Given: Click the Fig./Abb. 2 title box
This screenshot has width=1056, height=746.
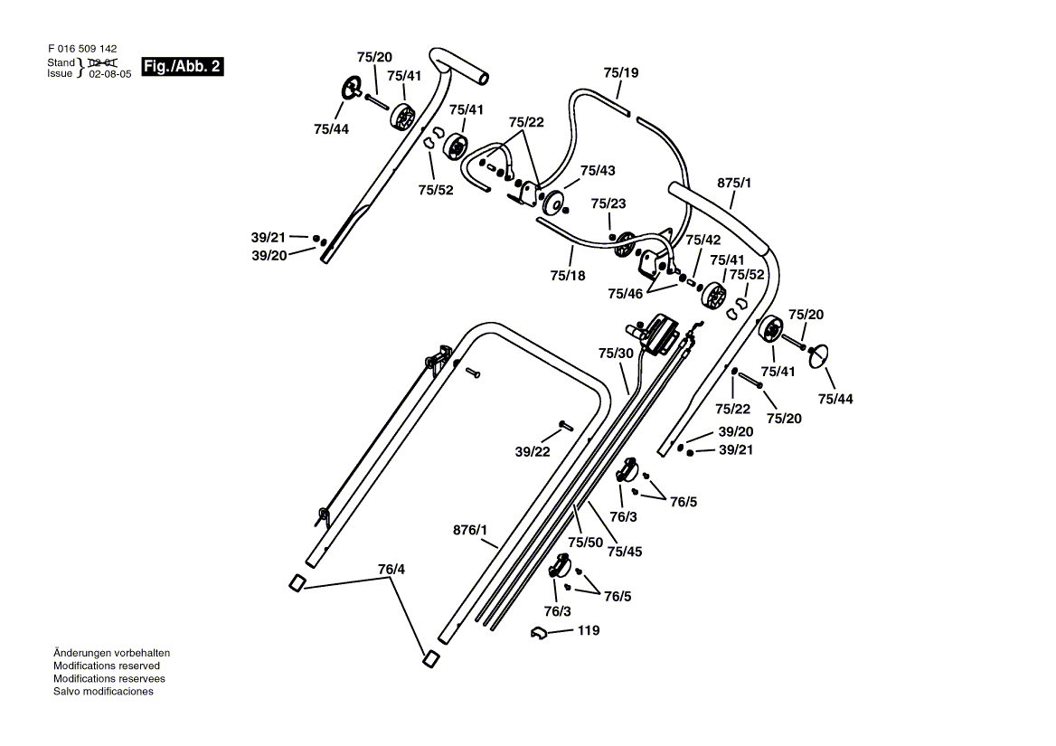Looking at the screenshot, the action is (182, 66).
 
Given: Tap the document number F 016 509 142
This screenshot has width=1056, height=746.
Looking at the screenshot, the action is (82, 49).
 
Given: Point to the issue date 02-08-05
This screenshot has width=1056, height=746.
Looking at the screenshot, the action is (110, 74).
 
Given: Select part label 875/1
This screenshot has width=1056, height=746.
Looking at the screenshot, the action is (734, 183).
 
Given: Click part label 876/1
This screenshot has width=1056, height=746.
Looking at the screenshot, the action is (470, 530).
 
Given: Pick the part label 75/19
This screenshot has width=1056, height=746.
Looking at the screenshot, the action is (621, 72).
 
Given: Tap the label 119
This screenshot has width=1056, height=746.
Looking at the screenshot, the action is (589, 630).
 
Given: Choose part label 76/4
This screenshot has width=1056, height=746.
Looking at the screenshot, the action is (391, 570).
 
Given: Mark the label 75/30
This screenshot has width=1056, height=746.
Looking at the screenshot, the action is (617, 354).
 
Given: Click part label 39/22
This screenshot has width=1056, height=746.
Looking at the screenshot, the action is (533, 452).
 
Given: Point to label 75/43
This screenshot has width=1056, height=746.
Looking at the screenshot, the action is (598, 171).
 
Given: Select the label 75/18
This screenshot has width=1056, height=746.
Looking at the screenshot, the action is (568, 276).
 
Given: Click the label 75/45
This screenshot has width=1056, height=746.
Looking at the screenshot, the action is (625, 552).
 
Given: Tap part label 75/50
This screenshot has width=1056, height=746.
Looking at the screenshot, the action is (585, 542).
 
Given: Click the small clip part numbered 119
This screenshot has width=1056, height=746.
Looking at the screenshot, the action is (540, 633).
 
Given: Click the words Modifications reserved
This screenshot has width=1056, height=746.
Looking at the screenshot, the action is (107, 666).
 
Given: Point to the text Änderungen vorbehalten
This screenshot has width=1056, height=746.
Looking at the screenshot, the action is (112, 653).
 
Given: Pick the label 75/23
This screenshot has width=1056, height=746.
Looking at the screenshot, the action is (608, 203).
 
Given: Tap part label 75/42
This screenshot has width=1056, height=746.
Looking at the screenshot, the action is (703, 240).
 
